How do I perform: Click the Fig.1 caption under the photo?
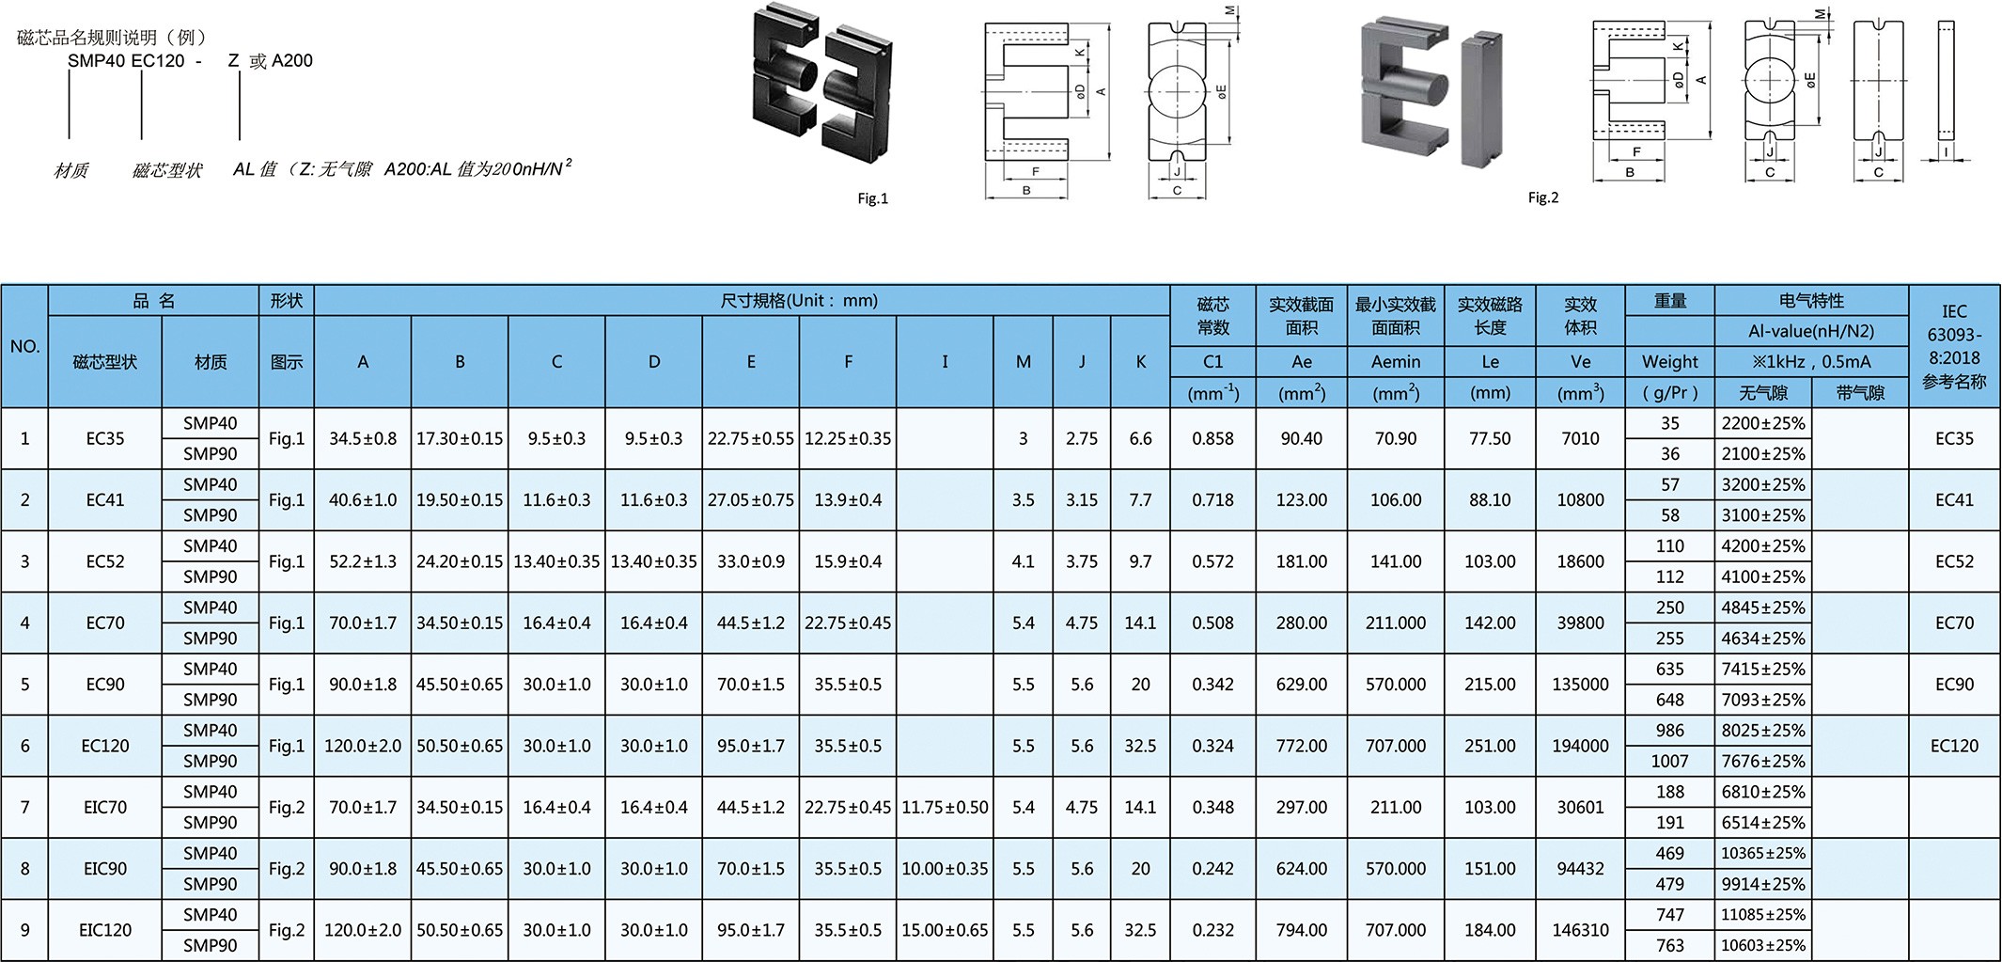[x=872, y=198]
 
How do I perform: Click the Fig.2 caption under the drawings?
[x=1542, y=197]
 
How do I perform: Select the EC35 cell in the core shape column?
[x=104, y=438]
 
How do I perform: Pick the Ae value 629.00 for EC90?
[x=1301, y=685]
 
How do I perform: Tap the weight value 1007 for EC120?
[x=1669, y=761]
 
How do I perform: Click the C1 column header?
[x=1212, y=362]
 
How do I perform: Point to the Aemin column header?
[x=1395, y=362]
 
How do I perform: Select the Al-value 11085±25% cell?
[x=1762, y=915]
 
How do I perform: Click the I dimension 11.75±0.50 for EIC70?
[x=945, y=807]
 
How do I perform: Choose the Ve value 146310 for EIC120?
[x=1580, y=930]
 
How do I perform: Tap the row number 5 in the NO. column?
[x=24, y=685]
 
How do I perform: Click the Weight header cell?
[x=1669, y=362]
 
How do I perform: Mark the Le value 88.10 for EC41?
[x=1490, y=500]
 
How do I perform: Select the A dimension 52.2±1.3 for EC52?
[x=363, y=561]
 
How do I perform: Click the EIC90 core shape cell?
[x=104, y=869]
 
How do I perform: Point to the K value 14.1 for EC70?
[x=1140, y=623]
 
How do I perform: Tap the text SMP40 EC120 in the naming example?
[x=126, y=61]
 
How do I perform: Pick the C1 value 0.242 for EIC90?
[x=1212, y=869]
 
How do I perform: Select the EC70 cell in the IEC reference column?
[x=1953, y=623]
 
